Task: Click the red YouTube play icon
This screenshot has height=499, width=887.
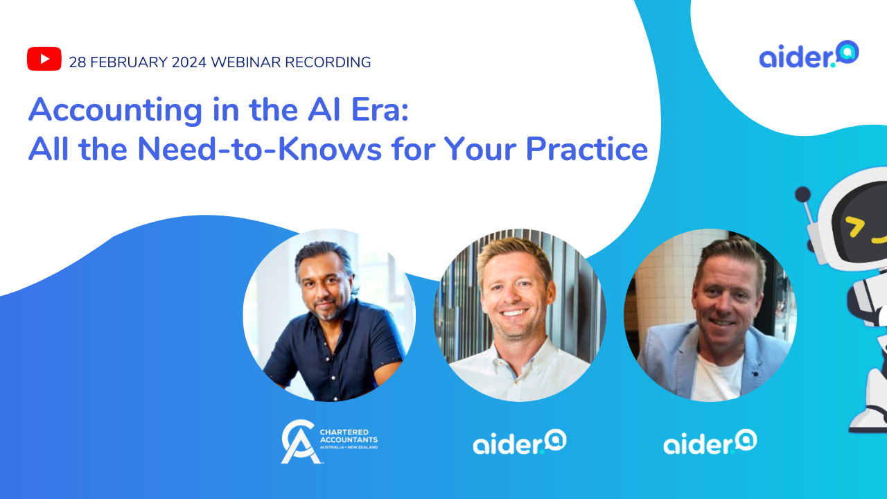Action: point(44,59)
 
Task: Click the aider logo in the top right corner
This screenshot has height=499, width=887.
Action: point(809,55)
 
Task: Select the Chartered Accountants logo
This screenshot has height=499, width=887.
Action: point(329,441)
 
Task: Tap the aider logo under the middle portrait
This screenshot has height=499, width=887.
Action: point(519,441)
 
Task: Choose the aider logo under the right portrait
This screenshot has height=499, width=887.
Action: point(710,441)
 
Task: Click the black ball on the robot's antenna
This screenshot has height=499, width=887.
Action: point(802,195)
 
